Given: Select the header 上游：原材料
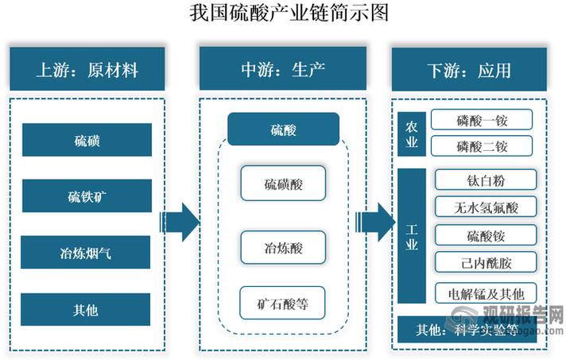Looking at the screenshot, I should click(x=87, y=70).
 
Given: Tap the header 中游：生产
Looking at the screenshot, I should click(x=283, y=70).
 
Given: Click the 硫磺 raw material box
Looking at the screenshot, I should click(x=87, y=141).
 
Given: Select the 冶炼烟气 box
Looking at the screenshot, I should click(x=87, y=254).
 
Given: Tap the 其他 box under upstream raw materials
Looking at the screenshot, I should click(x=87, y=309).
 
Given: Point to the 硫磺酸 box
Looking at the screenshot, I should click(x=283, y=185).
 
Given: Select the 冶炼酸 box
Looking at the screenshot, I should click(x=283, y=247).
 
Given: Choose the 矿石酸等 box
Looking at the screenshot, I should click(x=283, y=303).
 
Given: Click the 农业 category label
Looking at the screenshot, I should click(x=412, y=133).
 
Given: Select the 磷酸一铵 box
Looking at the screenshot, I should click(x=482, y=120).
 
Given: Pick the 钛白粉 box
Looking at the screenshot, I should click(x=486, y=180).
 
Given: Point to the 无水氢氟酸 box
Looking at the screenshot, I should click(x=486, y=207).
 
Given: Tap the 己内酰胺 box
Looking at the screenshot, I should click(x=486, y=261).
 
